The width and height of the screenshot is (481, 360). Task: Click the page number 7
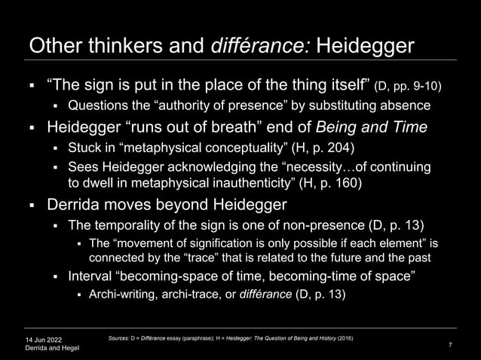click(449, 344)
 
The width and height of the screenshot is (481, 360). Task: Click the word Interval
click(91, 275)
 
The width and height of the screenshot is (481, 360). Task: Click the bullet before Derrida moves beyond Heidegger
click(33, 204)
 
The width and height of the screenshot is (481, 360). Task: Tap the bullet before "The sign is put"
click(33, 83)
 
